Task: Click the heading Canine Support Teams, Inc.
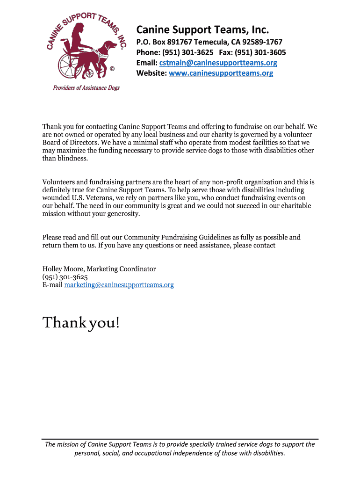point(202,30)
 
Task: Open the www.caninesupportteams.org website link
point(221,73)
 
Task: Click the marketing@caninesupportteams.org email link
point(119,284)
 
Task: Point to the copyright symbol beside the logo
point(112,70)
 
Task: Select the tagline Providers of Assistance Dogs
point(86,88)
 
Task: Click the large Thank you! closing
point(81,322)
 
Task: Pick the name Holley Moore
point(62,269)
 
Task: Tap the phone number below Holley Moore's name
point(65,277)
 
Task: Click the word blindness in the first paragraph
point(72,158)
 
